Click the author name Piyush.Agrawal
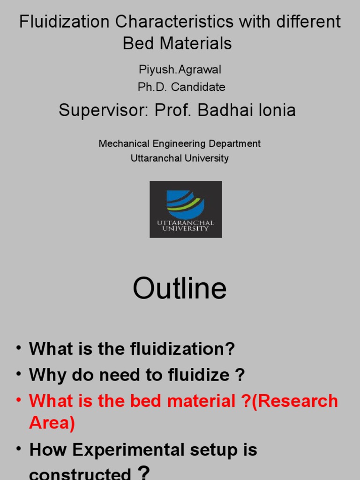[x=180, y=70]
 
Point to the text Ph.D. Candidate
[x=181, y=87]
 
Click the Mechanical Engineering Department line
[x=180, y=143]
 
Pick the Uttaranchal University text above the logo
[x=180, y=158]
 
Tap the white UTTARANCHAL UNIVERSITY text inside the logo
[x=186, y=225]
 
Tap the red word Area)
[x=52, y=423]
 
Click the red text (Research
[x=295, y=401]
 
